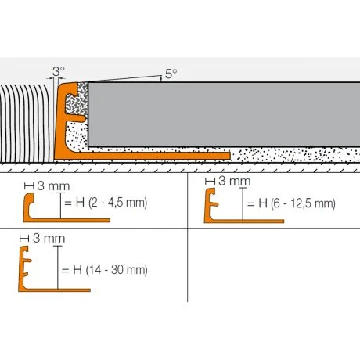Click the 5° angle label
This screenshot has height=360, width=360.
coord(171,74)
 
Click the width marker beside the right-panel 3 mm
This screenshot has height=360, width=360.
coord(210,182)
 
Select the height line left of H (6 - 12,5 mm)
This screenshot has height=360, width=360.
coord(242,204)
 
